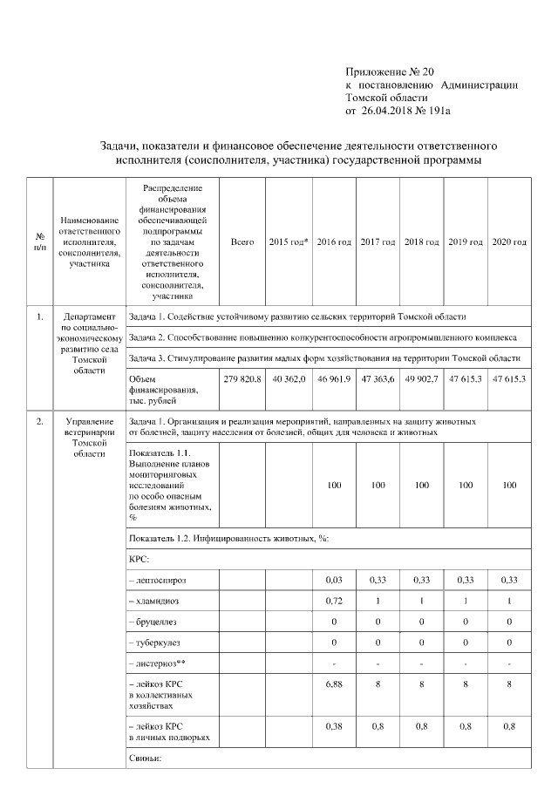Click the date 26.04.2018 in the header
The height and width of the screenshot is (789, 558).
(391, 112)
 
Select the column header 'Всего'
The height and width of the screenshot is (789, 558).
(242, 241)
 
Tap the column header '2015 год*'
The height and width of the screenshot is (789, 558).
(288, 241)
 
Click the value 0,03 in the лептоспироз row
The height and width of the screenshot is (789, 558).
(334, 579)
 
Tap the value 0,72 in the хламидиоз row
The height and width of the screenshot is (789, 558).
(334, 602)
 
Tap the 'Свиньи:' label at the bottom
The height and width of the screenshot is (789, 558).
(145, 758)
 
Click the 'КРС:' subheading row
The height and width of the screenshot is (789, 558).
(139, 558)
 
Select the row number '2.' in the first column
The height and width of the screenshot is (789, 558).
(40, 423)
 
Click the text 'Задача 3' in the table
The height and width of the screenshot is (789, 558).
(148, 357)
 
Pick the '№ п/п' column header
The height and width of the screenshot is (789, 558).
(40, 241)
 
